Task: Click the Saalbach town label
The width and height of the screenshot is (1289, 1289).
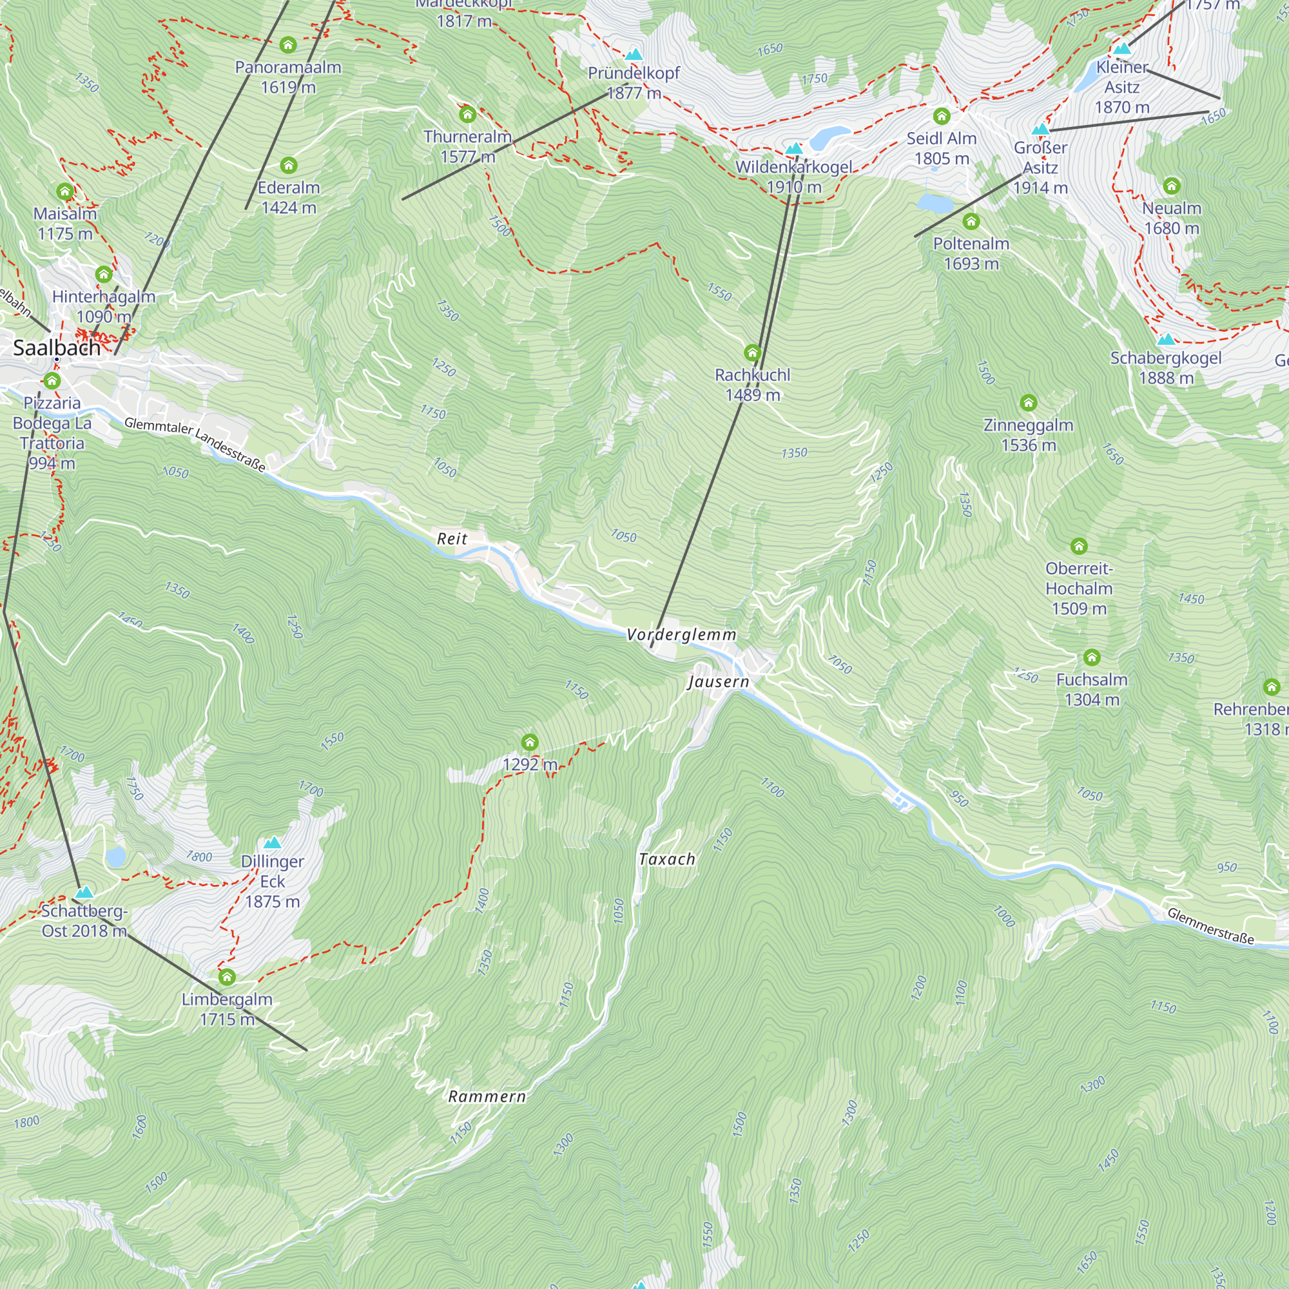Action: [x=57, y=347]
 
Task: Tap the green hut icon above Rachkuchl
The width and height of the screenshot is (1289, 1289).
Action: [x=752, y=353]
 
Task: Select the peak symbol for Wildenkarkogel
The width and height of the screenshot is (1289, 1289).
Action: [x=793, y=148]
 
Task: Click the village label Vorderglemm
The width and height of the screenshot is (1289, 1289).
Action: [x=681, y=634]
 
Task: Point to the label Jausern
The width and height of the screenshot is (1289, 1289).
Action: [x=719, y=681]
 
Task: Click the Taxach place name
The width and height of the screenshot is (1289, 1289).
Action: [x=666, y=859]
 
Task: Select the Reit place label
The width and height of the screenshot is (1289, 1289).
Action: [x=452, y=538]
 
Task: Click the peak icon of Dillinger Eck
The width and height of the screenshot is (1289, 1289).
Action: [x=272, y=842]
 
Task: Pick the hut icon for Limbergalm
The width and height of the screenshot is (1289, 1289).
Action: [x=227, y=977]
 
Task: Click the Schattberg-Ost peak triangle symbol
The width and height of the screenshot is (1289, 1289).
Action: [x=84, y=892]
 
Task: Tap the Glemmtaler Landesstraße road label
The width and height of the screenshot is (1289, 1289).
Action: [x=195, y=443]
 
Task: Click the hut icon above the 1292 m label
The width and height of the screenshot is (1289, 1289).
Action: [x=530, y=742]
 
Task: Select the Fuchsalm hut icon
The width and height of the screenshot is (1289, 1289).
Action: [x=1092, y=657]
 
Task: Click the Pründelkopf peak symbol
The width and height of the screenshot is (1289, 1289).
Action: [x=634, y=54]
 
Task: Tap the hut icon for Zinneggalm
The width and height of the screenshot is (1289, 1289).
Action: [x=1028, y=402]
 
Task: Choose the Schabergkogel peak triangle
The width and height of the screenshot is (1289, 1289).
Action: [x=1165, y=339]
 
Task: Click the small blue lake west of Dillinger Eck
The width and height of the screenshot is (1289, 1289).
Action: [x=115, y=857]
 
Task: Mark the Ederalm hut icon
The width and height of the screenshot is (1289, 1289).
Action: [x=288, y=165]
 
